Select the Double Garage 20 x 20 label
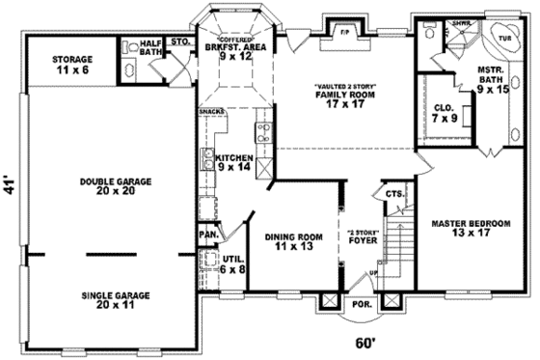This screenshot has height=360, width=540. point(108,185)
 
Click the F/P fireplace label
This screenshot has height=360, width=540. point(342,31)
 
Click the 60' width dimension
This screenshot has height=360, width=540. point(364,343)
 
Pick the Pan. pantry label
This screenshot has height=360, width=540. point(206,234)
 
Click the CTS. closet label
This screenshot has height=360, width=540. point(394,194)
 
